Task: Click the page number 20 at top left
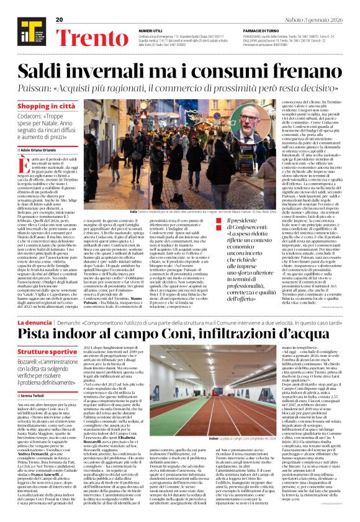coord(60,20)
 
